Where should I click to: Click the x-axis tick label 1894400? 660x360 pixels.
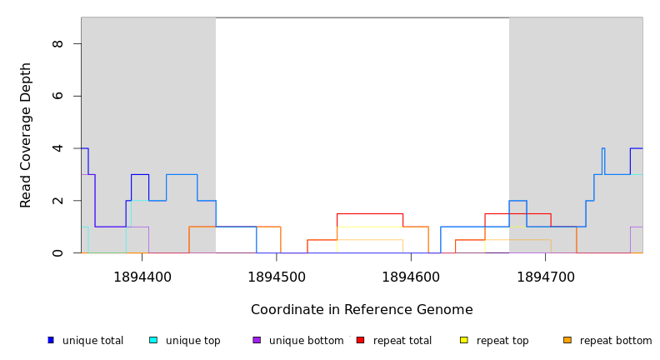pos(142,277)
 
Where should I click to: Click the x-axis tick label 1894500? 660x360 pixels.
pos(277,277)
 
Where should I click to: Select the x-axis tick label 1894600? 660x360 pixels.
pos(411,277)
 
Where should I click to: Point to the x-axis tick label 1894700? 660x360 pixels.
pos(546,277)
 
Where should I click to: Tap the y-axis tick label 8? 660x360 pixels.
pos(57,43)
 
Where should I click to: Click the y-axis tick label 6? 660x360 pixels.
pos(57,96)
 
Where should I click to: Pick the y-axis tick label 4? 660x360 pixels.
pos(57,148)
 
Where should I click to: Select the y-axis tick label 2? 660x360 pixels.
pos(57,201)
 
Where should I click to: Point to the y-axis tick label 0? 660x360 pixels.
pos(57,252)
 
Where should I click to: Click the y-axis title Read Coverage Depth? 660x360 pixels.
pos(27,135)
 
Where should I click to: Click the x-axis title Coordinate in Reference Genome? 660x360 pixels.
pos(362,310)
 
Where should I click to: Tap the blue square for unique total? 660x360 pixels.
pos(51,340)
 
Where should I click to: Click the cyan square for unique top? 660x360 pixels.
pos(153,340)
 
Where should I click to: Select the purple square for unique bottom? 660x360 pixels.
pos(257,340)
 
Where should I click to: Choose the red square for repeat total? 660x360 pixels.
pos(361,340)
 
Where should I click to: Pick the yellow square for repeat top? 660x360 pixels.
pos(464,340)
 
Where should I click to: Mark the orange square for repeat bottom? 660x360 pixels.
pos(567,340)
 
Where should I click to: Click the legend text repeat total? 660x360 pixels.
pos(402,341)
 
